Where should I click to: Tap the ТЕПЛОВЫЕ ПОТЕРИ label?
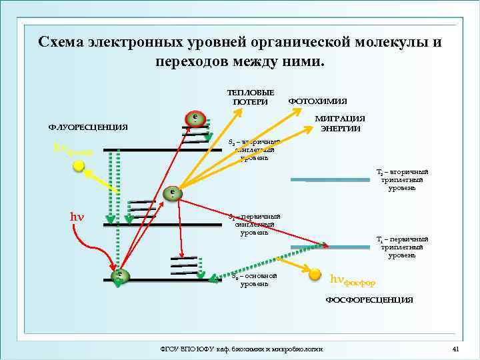(x=250, y=97)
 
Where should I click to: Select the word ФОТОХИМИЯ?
(x=317, y=101)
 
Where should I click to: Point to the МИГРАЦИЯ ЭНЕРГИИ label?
(x=340, y=123)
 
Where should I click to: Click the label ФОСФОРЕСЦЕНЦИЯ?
(x=369, y=300)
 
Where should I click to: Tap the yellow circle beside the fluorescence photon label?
(x=79, y=166)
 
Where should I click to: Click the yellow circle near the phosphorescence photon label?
(x=315, y=271)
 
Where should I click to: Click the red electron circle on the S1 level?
(x=173, y=193)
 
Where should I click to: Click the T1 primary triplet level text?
(x=402, y=247)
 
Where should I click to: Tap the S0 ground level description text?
(x=255, y=280)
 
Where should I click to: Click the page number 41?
(x=456, y=349)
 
